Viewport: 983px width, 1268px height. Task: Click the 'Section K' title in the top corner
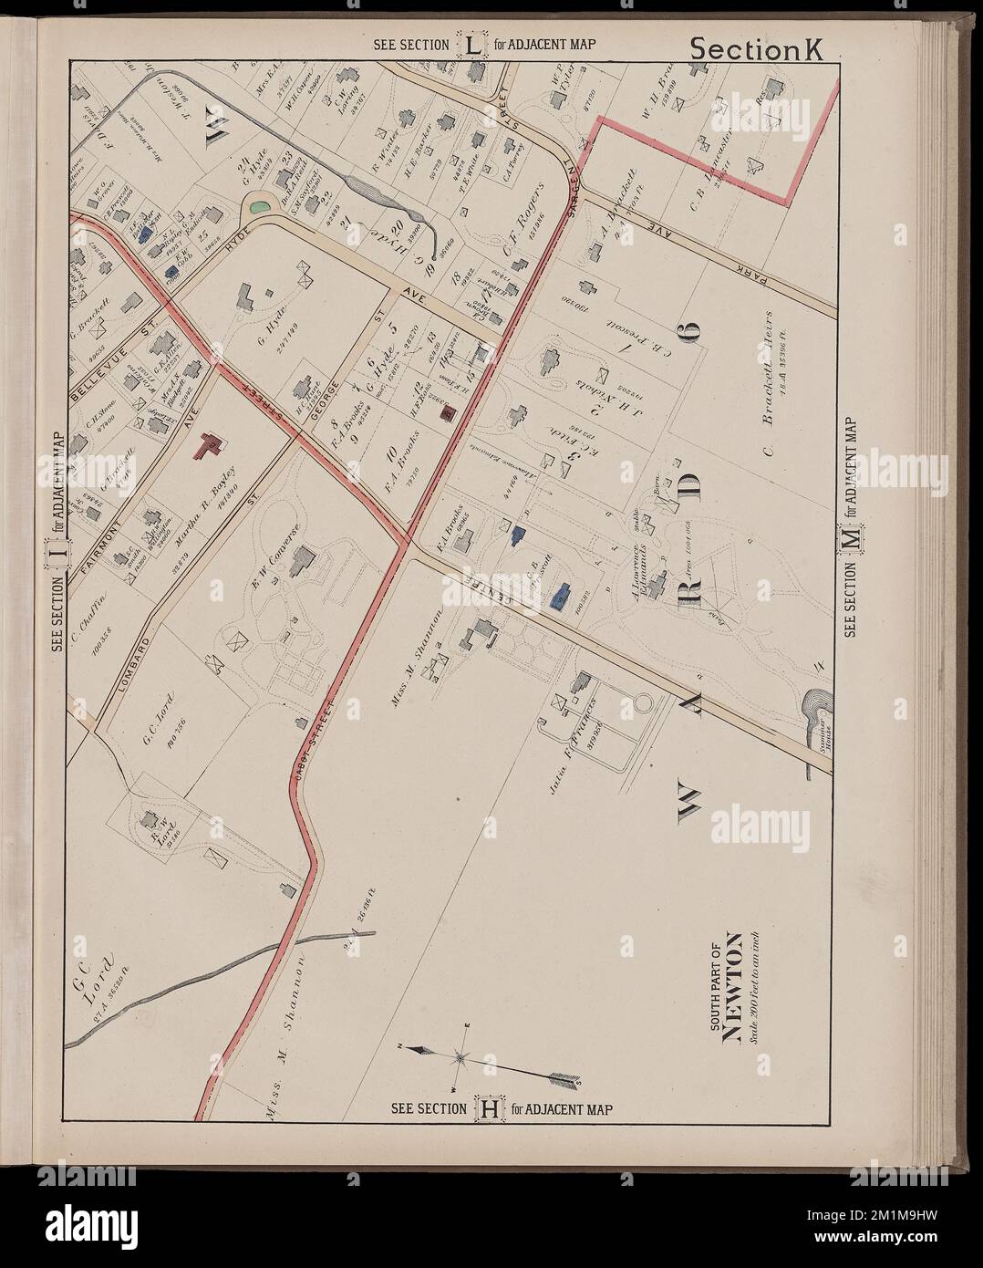tap(756, 49)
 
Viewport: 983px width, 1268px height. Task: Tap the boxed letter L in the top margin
tap(472, 45)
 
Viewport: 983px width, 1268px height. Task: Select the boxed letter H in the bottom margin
tap(489, 1109)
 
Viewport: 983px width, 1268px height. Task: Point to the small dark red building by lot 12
tap(448, 411)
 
